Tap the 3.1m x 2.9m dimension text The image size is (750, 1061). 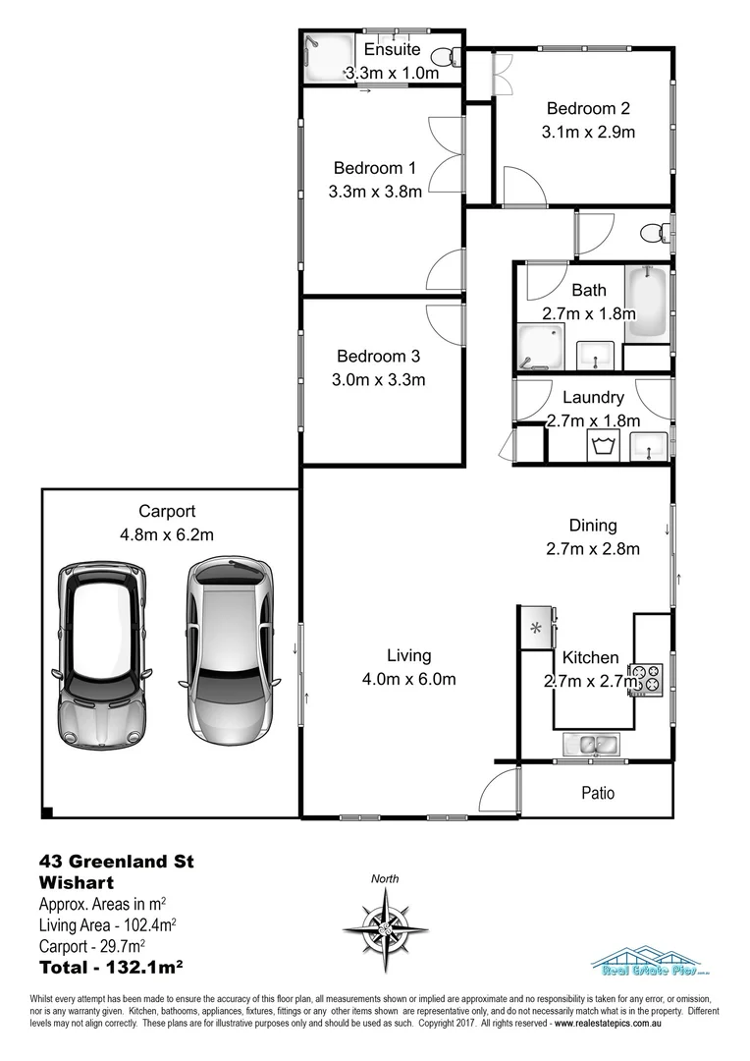click(587, 132)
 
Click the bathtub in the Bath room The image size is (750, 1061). click(648, 304)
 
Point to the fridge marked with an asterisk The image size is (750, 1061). click(537, 628)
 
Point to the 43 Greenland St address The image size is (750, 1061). click(116, 862)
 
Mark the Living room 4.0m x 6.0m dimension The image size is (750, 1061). click(408, 679)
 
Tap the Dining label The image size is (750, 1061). click(593, 525)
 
